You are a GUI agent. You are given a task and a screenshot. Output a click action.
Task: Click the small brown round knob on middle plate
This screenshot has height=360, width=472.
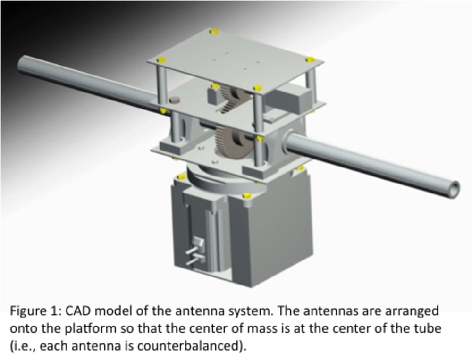pyautogui.click(x=175, y=99)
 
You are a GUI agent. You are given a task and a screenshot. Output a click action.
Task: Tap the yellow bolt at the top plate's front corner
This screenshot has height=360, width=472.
pyautogui.click(x=258, y=88)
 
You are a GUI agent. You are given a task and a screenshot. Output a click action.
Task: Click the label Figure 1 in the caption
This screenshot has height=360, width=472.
pyautogui.click(x=33, y=312)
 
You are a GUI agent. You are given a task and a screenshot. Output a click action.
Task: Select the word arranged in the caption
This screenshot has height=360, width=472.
pyautogui.click(x=414, y=312)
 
